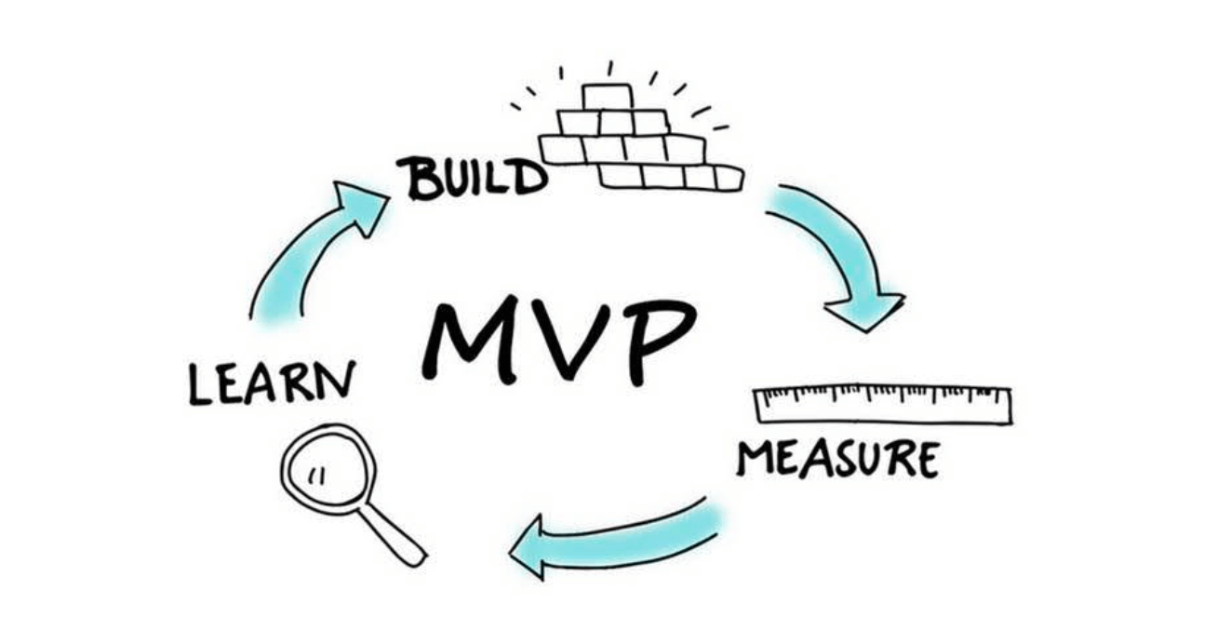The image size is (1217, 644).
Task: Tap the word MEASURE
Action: (x=837, y=459)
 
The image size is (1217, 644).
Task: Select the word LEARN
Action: (x=272, y=382)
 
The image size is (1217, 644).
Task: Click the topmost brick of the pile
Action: (x=607, y=97)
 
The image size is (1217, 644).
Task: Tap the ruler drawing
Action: (x=881, y=405)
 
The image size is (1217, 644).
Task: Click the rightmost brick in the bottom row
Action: (x=727, y=177)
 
